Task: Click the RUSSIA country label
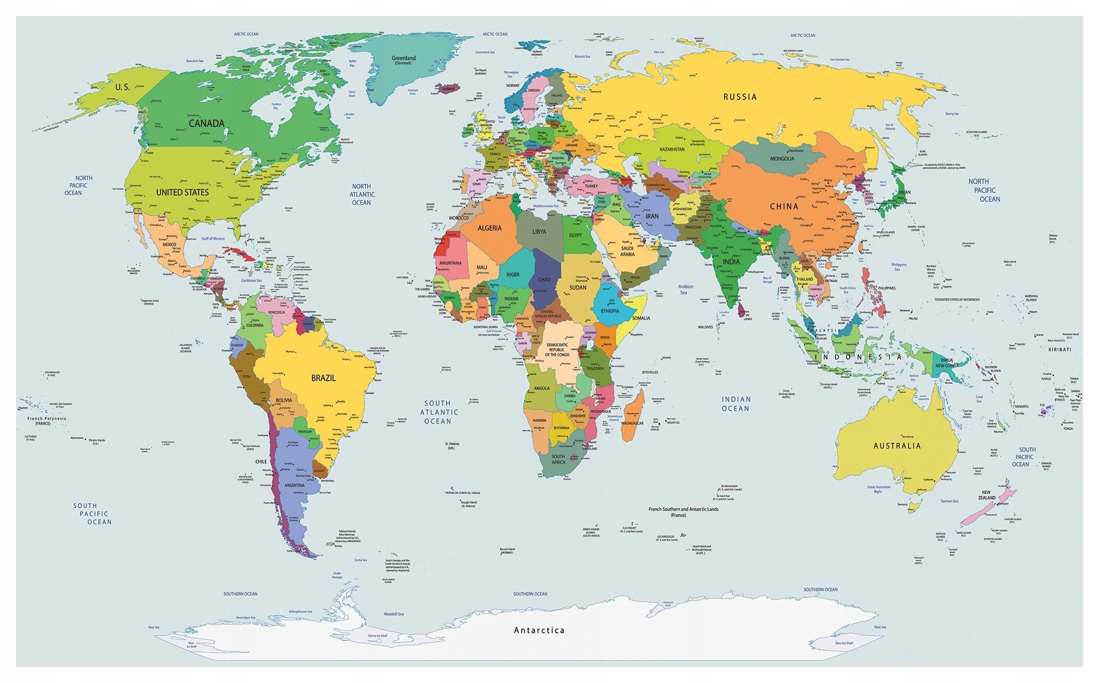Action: [x=739, y=97]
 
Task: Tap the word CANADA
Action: [x=206, y=124]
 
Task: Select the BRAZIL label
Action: [x=323, y=378]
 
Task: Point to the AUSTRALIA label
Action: [x=897, y=446]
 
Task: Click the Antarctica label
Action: [x=539, y=630]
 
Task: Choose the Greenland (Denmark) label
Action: [x=403, y=59]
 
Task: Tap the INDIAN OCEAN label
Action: [x=736, y=404]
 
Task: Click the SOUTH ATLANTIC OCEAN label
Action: [x=438, y=412]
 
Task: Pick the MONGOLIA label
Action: [x=782, y=158]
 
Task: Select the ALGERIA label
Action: [x=489, y=228]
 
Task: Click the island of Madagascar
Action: [x=633, y=416]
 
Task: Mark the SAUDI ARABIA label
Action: [x=627, y=251]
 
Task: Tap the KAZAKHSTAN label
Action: [x=672, y=149]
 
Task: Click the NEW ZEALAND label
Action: [x=986, y=495]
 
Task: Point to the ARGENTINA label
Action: [x=294, y=485]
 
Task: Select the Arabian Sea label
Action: [x=686, y=290]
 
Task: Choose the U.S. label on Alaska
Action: [x=122, y=87]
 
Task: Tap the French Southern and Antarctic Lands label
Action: [x=683, y=511]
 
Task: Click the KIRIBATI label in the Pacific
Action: [x=1059, y=350]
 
